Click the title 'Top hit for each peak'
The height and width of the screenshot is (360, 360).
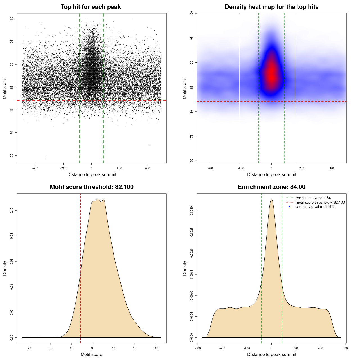(91, 7)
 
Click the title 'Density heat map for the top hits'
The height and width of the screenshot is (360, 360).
(271, 7)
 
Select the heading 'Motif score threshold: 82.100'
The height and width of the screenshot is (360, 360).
(91, 187)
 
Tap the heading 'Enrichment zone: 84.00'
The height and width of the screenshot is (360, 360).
(271, 187)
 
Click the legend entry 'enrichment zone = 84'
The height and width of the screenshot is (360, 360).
(313, 198)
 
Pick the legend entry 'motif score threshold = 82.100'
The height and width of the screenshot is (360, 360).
(320, 202)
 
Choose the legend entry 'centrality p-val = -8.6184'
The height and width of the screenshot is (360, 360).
(316, 207)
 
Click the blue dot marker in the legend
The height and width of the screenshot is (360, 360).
(289, 207)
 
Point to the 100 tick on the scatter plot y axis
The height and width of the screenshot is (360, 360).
(12, 19)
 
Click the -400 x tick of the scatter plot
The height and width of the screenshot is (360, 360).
(35, 168)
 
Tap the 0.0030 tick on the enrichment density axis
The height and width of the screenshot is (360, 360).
(192, 211)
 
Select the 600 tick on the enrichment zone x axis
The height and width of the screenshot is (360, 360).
(345, 348)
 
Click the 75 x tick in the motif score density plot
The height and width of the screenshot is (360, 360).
(51, 348)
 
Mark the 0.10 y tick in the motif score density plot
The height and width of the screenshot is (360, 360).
(12, 211)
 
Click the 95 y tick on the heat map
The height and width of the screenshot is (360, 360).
(192, 38)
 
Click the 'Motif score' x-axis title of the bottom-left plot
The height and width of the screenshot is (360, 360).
(91, 354)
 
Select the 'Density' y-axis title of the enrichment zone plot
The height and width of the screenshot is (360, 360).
(185, 268)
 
